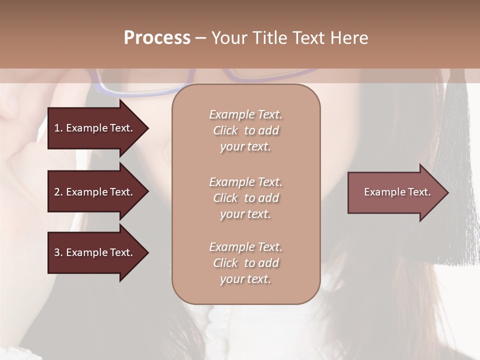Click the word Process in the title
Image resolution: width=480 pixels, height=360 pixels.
(x=157, y=38)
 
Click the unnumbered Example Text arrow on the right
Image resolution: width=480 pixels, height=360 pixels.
(x=397, y=192)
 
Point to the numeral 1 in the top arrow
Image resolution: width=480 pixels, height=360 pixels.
(x=57, y=128)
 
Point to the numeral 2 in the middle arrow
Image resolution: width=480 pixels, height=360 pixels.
(x=57, y=192)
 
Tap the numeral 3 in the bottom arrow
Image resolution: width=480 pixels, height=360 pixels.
(x=57, y=252)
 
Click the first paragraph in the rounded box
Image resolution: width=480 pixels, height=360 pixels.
(x=245, y=130)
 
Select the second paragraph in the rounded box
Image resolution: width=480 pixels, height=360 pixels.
(x=245, y=198)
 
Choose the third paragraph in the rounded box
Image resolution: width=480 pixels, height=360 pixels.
(x=245, y=263)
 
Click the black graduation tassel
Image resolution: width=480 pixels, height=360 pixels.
(x=455, y=175)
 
